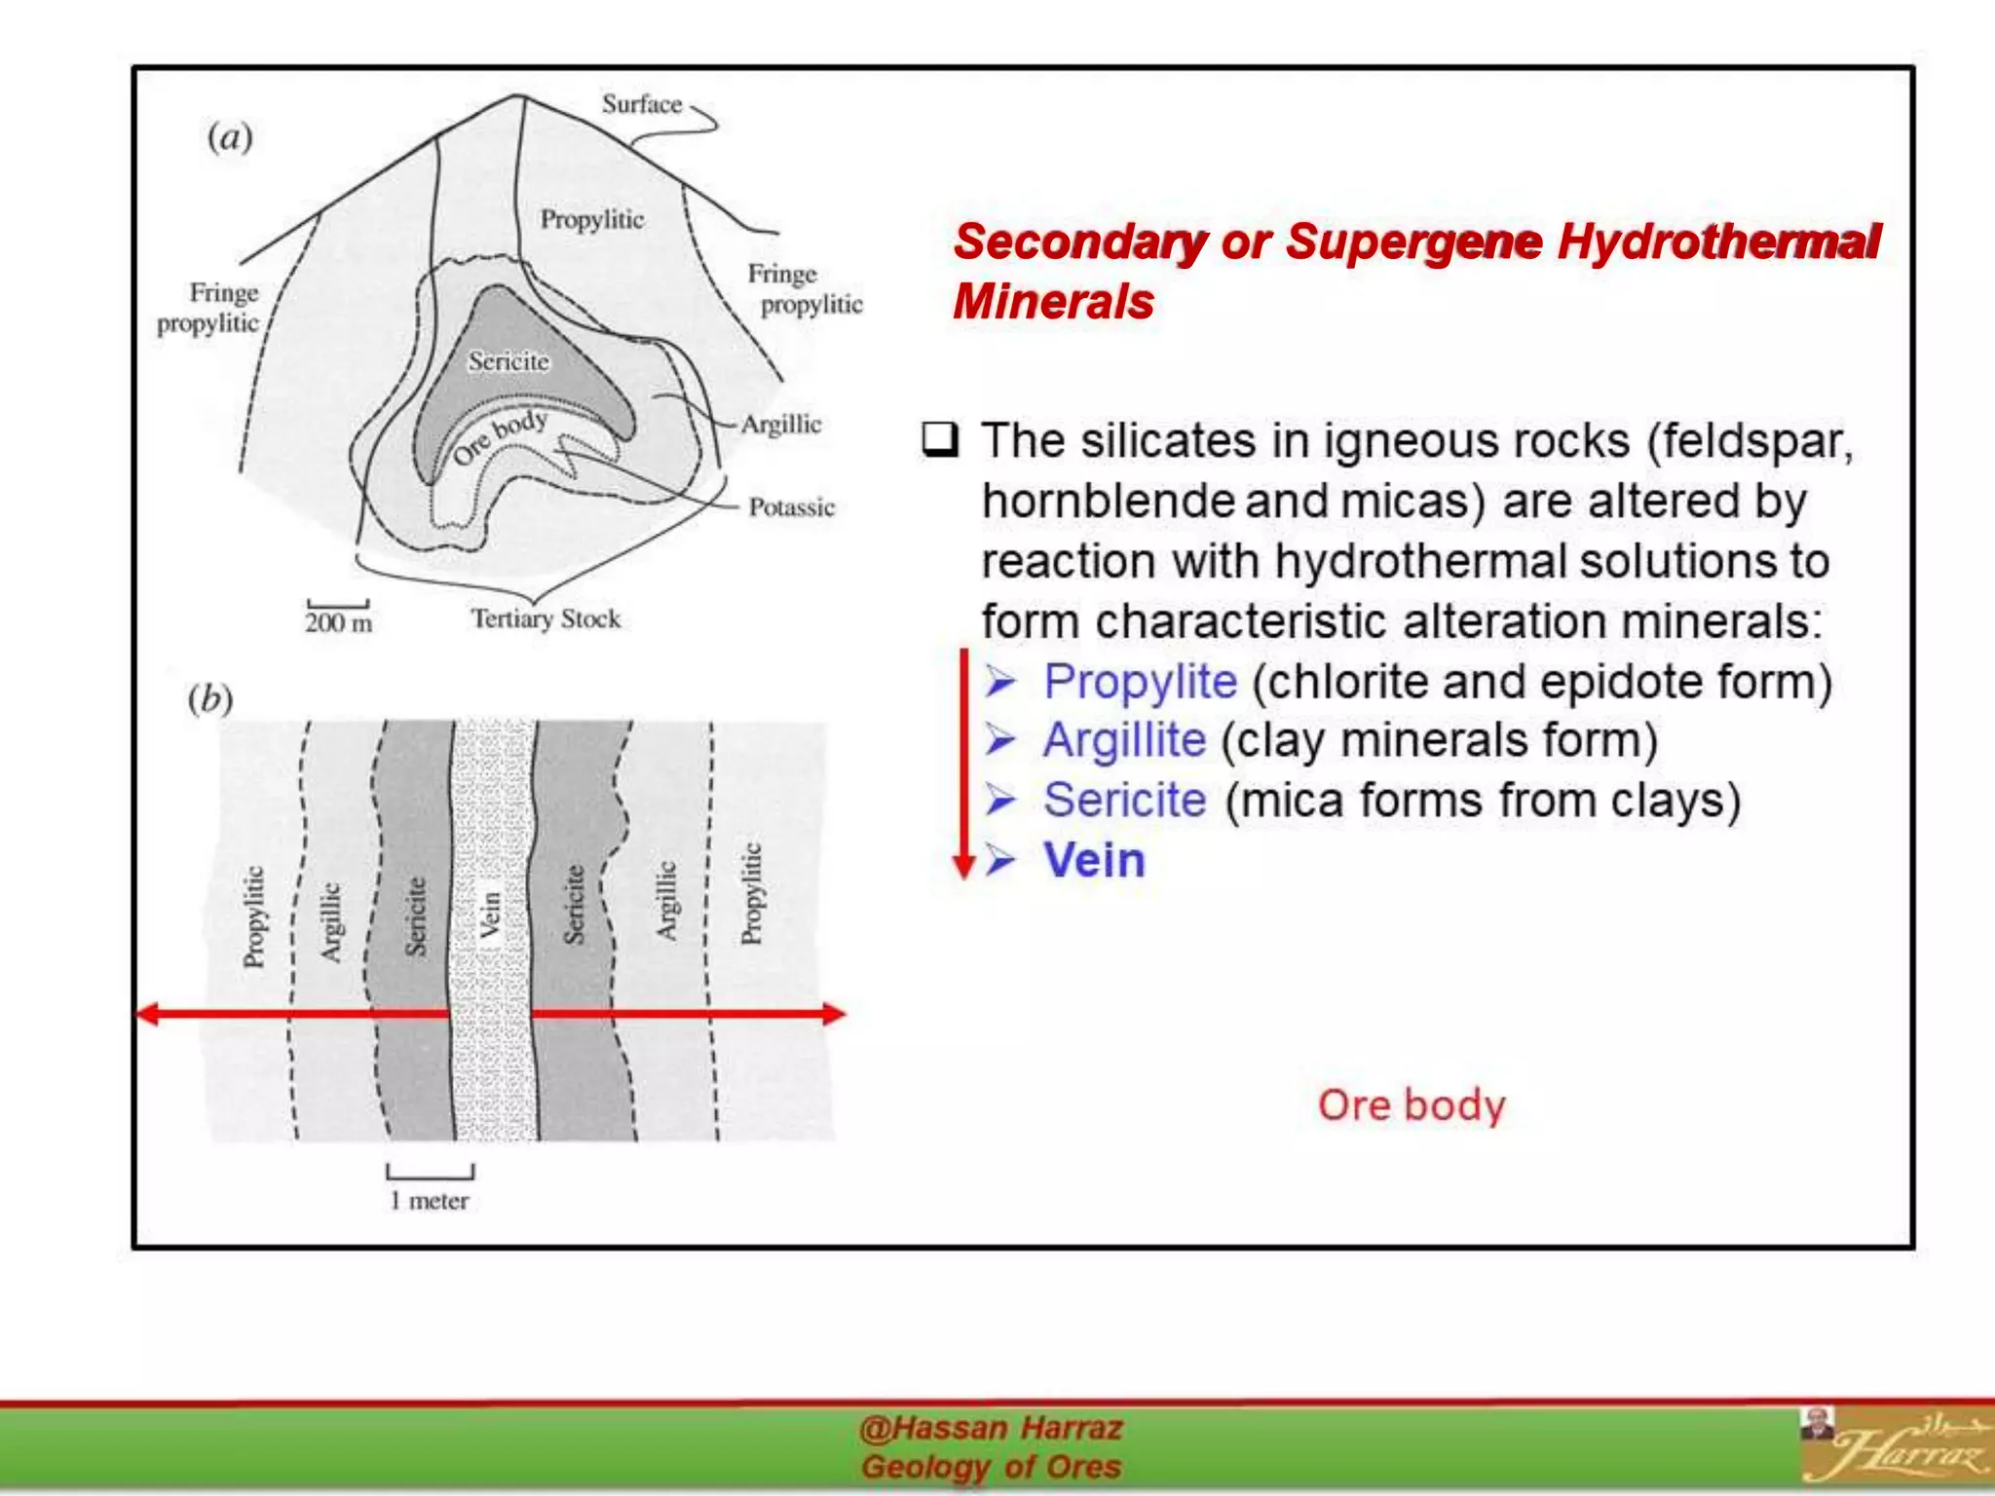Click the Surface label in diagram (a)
[x=641, y=104]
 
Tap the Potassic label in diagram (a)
[x=791, y=507]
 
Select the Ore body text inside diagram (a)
[x=500, y=437]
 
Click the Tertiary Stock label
[x=546, y=618]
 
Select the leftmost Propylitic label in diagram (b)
[x=253, y=916]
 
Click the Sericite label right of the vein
[x=575, y=905]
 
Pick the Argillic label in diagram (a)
[x=780, y=425]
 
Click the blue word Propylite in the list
[x=1140, y=682]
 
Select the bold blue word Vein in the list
[x=1094, y=861]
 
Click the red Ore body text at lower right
[x=1411, y=1105]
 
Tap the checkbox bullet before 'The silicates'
[x=940, y=441]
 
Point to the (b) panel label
[x=210, y=698]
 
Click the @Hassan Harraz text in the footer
[x=991, y=1428]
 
